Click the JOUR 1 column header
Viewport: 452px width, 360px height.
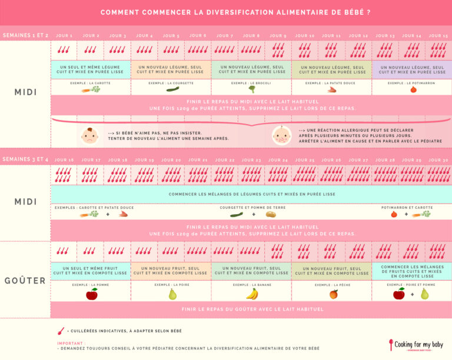(64, 36)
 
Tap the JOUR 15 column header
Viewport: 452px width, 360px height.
(438, 36)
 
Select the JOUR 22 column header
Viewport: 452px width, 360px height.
(224, 160)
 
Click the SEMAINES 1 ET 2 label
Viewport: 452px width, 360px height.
(25, 35)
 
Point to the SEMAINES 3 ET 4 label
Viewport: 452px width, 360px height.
(25, 159)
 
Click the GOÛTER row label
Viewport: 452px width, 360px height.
(25, 281)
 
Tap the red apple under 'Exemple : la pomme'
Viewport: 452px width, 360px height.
(91, 294)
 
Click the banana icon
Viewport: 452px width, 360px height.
(252, 294)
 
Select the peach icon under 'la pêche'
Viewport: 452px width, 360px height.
(333, 294)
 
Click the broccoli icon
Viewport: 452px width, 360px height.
(252, 90)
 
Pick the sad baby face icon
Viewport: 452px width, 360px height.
(89, 136)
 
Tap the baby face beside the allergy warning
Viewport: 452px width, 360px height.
(281, 136)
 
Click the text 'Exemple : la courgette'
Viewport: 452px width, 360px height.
(171, 83)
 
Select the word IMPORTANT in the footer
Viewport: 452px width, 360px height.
(70, 343)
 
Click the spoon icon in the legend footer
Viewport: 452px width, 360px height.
(61, 331)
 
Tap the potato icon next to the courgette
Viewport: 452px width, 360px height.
(271, 214)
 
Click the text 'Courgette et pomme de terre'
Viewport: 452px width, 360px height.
(252, 207)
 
